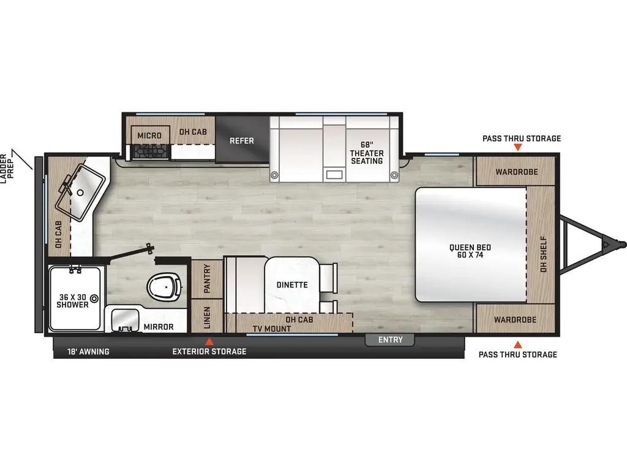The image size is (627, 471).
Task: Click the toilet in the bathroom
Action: [x=165, y=286]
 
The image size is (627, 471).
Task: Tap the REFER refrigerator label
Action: [x=241, y=140]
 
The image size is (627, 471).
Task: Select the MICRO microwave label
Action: [x=149, y=136]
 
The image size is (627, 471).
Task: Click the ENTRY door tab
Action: [x=390, y=340]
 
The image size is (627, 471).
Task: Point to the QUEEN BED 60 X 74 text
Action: [x=470, y=251]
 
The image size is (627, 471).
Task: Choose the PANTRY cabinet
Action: [x=207, y=279]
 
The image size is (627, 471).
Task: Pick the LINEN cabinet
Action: [x=207, y=316]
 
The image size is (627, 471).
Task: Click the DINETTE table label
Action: [x=292, y=285]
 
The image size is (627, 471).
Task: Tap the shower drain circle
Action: [x=94, y=299]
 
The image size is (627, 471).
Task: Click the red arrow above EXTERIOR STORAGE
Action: [x=209, y=342]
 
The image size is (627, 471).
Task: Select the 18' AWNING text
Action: [x=88, y=351]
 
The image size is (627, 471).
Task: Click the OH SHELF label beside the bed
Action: [x=544, y=254]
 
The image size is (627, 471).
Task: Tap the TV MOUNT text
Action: [x=272, y=329]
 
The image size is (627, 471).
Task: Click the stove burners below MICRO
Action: [x=151, y=151]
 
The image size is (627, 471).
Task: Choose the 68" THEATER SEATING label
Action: [x=367, y=153]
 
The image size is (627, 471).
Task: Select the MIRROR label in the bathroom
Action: [x=159, y=327]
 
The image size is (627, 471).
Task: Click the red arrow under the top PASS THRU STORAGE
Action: [x=518, y=147]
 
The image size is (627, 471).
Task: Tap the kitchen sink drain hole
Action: [x=80, y=193]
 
